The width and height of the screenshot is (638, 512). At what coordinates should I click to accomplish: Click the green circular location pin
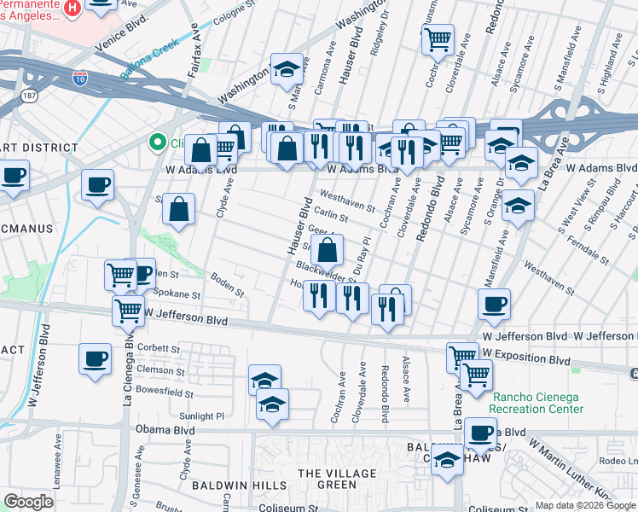pyautogui.click(x=156, y=143)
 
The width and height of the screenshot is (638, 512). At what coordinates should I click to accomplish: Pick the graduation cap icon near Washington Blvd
pyautogui.click(x=287, y=67)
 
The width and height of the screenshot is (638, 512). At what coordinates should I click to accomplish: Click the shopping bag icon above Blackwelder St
pyautogui.click(x=328, y=251)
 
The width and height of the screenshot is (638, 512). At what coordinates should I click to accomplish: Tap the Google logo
pyautogui.click(x=29, y=502)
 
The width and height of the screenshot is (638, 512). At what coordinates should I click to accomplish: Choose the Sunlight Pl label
pyautogui.click(x=201, y=416)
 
